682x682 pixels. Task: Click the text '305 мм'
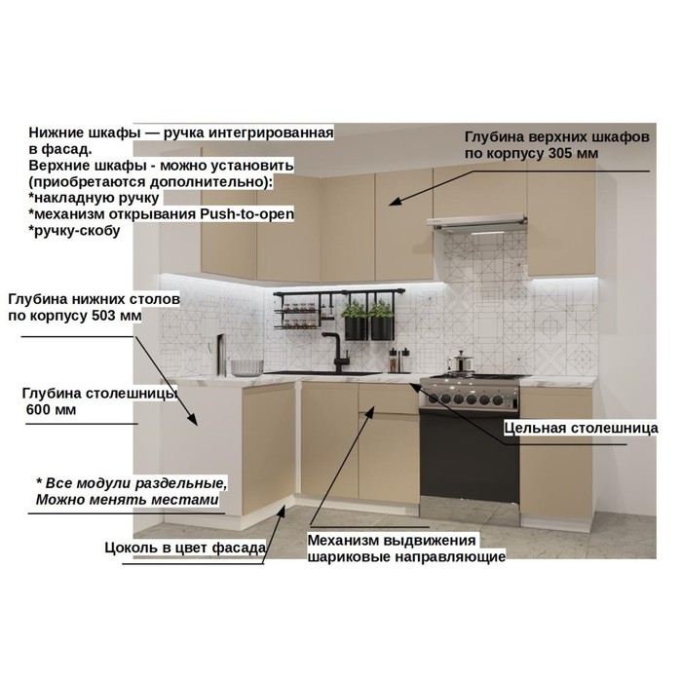click(573, 154)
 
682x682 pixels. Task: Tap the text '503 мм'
click(117, 316)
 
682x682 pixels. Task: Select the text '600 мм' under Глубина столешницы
click(51, 410)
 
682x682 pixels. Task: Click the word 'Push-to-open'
click(247, 214)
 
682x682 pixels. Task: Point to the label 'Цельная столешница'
click(581, 428)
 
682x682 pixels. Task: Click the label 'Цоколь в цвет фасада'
click(185, 548)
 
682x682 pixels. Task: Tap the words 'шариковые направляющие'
click(406, 556)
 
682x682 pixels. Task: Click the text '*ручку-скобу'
click(74, 231)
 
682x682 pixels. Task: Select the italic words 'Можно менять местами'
click(127, 499)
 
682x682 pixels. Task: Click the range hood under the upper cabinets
click(477, 222)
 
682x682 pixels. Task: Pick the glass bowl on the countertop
click(247, 367)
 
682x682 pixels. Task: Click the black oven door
click(470, 456)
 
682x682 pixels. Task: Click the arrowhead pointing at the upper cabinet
click(394, 202)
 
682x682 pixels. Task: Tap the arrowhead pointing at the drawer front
click(370, 411)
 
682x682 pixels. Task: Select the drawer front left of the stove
click(388, 398)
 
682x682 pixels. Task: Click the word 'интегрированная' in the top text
click(271, 133)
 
